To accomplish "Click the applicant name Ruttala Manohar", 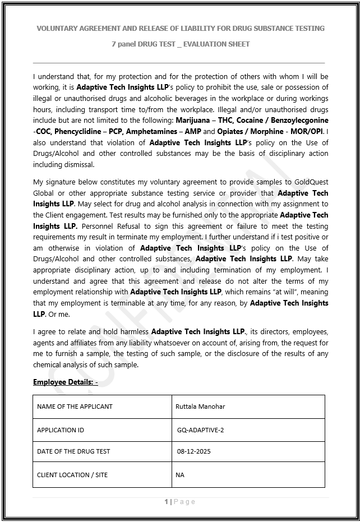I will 200,406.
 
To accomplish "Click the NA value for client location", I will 180,475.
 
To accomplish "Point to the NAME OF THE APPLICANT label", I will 75,406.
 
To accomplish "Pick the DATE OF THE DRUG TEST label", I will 73,451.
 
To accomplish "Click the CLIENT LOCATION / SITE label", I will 72,475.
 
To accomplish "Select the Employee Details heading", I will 66,382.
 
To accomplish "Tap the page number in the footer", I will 180,502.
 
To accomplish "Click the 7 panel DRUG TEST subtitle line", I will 180,44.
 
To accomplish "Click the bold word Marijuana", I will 194,121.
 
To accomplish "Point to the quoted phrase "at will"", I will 283,292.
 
